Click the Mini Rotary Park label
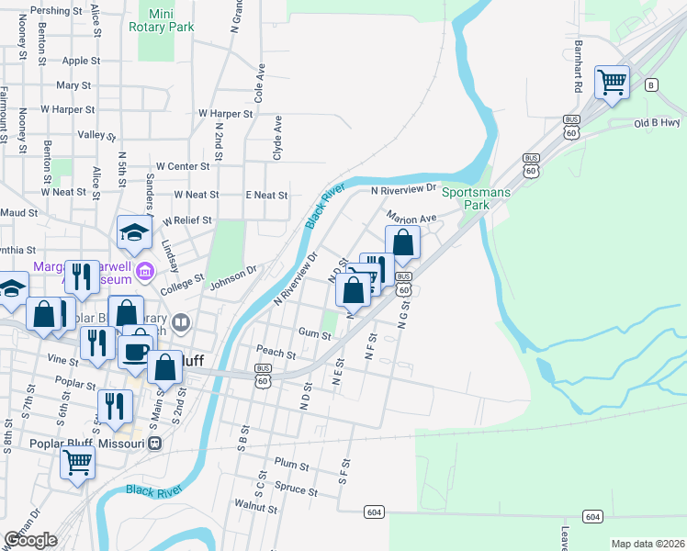(172, 20)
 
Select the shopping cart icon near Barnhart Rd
(612, 83)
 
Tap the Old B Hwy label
(656, 122)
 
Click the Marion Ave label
(410, 219)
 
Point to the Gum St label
(314, 334)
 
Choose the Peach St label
(276, 353)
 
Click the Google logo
(30, 539)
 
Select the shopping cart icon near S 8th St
(77, 462)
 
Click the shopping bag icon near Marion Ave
(402, 242)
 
